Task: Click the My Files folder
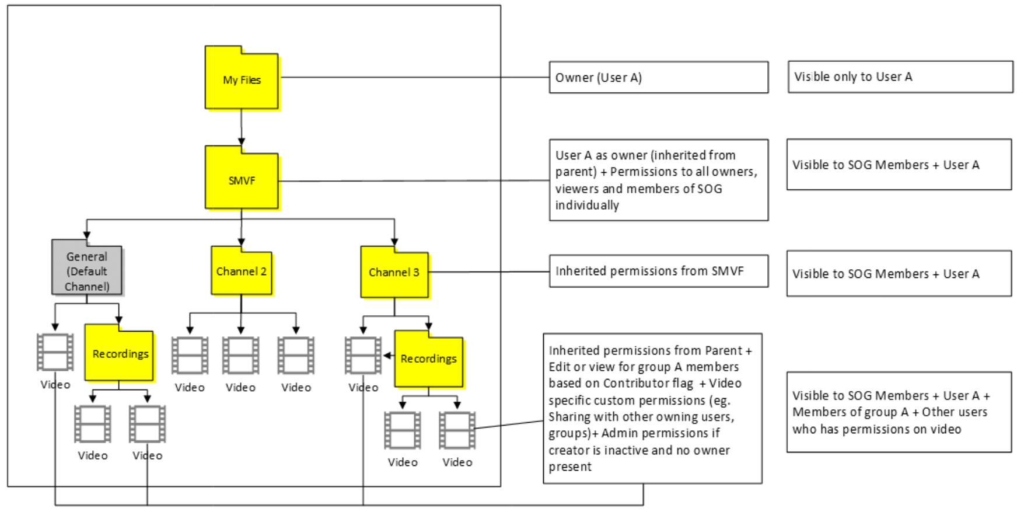point(242,79)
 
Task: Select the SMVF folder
point(242,180)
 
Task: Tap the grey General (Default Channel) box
point(87,271)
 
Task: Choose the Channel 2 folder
point(242,272)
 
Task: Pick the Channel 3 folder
point(394,273)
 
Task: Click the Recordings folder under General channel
point(120,354)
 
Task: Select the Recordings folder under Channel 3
point(429,359)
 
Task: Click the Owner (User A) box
point(658,78)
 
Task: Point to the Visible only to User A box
point(900,77)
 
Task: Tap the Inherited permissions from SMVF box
point(658,271)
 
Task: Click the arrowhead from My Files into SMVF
point(242,141)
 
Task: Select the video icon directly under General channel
point(55,352)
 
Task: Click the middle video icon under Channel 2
point(241,355)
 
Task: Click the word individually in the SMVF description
point(587,206)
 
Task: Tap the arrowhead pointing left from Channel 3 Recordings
point(387,356)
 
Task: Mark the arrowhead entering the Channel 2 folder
point(242,242)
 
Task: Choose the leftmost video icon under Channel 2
point(190,355)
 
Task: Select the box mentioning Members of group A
point(899,412)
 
